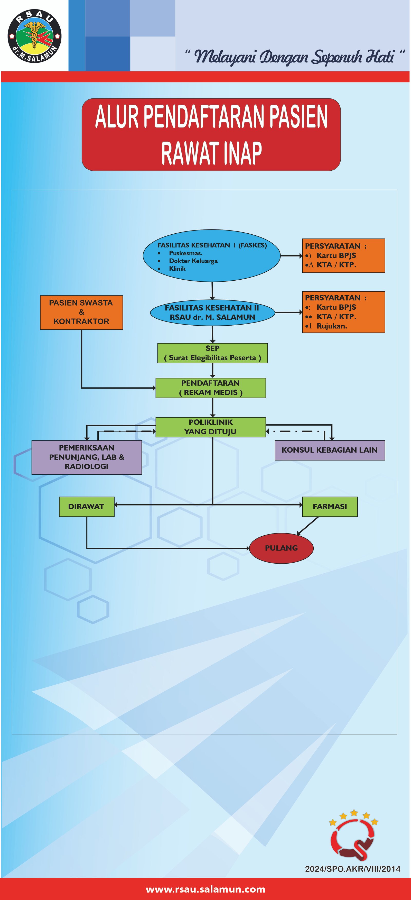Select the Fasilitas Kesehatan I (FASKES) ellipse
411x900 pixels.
(212, 256)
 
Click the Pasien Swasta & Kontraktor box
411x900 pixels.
(81, 312)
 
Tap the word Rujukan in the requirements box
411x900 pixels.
(332, 326)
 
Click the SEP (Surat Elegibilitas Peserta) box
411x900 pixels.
(212, 353)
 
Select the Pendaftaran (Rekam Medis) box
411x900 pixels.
(211, 388)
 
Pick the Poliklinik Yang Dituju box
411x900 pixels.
(211, 427)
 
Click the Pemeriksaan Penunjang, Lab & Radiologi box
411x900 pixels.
(87, 457)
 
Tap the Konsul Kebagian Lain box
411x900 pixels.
(330, 450)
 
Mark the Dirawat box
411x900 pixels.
(86, 507)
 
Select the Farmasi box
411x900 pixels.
(330, 507)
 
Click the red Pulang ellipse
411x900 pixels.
(281, 548)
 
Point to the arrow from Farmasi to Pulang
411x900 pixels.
(308, 526)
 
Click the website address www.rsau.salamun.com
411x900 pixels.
(205, 889)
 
